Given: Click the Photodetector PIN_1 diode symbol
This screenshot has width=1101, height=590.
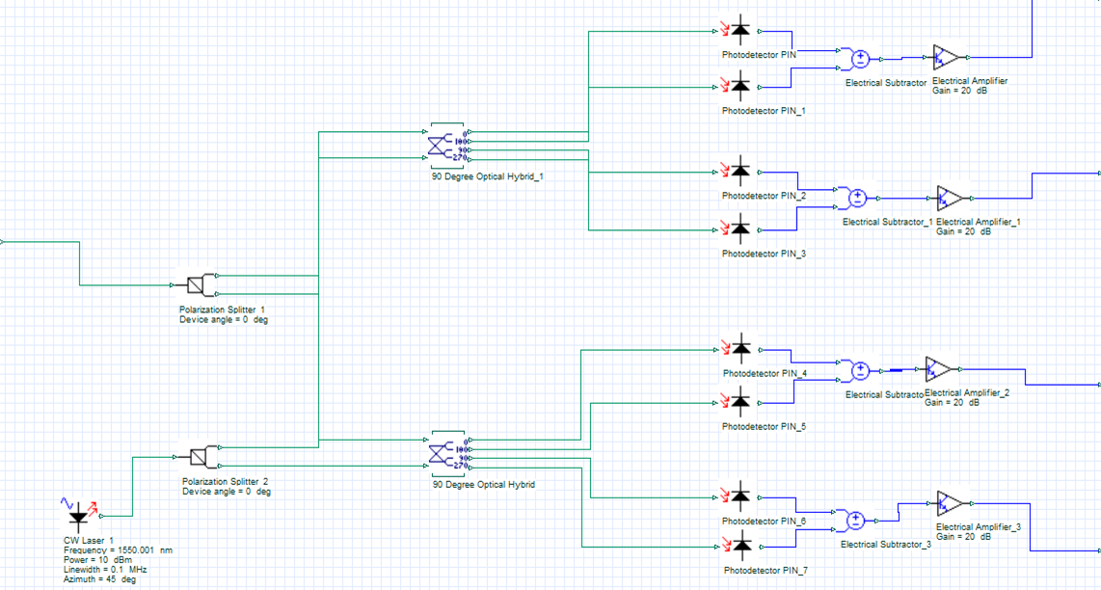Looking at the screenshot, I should [739, 87].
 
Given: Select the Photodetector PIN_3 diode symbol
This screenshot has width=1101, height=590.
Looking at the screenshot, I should [739, 229].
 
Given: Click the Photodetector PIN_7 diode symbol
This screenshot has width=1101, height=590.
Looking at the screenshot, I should [739, 546].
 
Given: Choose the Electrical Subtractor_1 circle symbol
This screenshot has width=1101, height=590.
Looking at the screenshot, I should [857, 199].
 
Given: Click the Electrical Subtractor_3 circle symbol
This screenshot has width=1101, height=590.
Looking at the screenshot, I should [855, 522].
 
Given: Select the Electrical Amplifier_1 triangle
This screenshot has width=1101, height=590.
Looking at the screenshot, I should [949, 199].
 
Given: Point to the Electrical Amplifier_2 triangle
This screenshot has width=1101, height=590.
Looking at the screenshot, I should [937, 368].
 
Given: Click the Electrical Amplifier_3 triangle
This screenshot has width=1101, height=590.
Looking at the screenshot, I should [949, 503].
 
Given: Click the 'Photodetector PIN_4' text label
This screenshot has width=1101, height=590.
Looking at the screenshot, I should [765, 373].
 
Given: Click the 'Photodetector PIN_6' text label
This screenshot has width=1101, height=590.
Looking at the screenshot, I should [764, 521].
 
